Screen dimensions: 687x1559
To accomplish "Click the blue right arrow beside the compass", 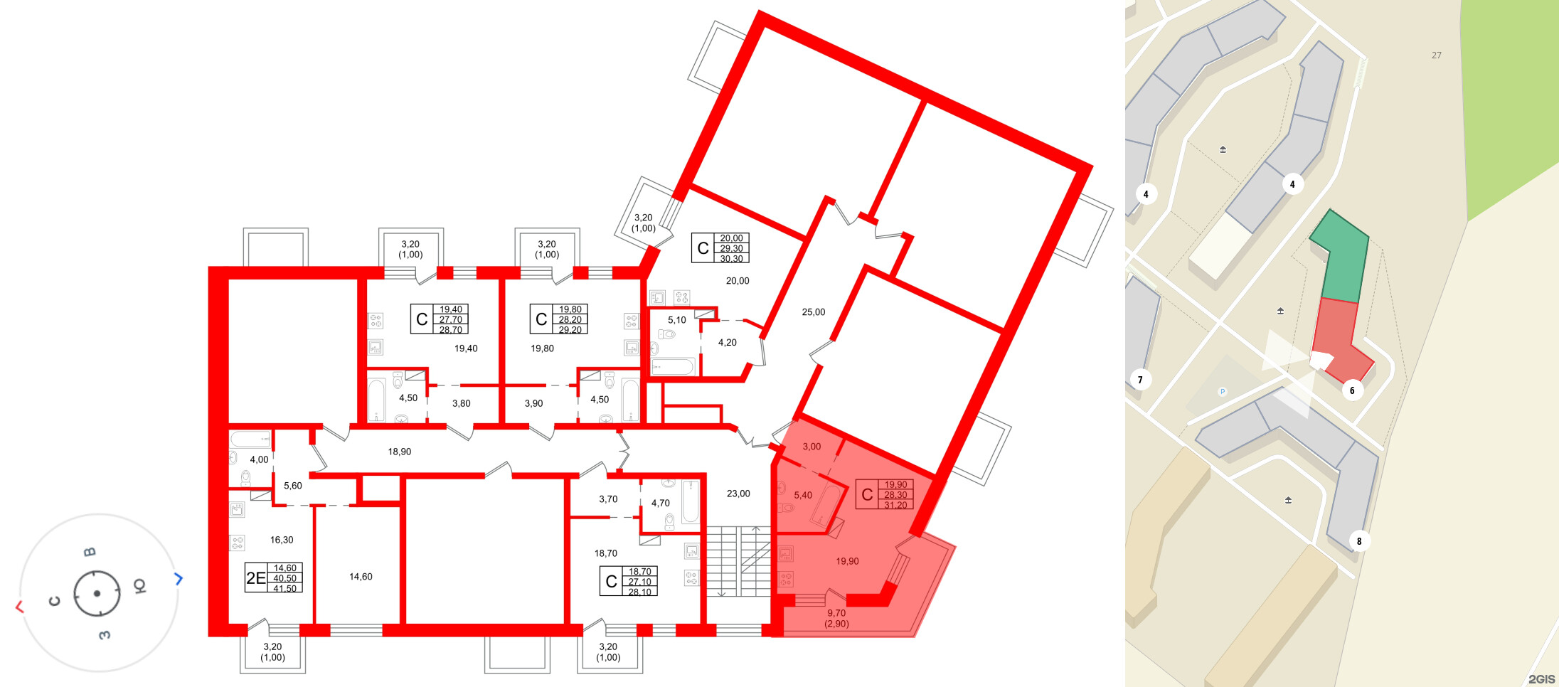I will pos(179,579).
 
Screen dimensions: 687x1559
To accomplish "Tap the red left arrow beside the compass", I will pos(19,607).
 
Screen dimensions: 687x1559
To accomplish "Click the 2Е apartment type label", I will pos(255,578).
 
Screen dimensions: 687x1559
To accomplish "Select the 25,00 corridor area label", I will pos(813,312).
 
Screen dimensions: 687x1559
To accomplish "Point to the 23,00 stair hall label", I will pos(738,494).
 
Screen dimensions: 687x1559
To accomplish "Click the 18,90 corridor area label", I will pos(399,452).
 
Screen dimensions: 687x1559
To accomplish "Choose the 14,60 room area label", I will pos(361,577).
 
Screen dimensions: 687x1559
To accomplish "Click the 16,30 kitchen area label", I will pos(282,540).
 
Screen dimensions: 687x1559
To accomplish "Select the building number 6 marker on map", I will pos(1352,390).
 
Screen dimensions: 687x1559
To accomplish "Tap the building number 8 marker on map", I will pos(1358,541).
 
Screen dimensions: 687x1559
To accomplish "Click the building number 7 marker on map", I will pos(1140,380).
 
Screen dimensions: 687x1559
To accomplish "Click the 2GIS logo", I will pos(1541,679).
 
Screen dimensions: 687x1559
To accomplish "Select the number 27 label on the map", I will pos(1436,55).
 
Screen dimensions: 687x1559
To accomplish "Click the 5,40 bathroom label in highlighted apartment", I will pos(803,496).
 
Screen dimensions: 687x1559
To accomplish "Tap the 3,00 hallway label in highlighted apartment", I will pos(812,447).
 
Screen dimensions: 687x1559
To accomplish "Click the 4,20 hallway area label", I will pos(727,343).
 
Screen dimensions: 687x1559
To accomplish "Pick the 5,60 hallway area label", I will pos(292,486).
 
